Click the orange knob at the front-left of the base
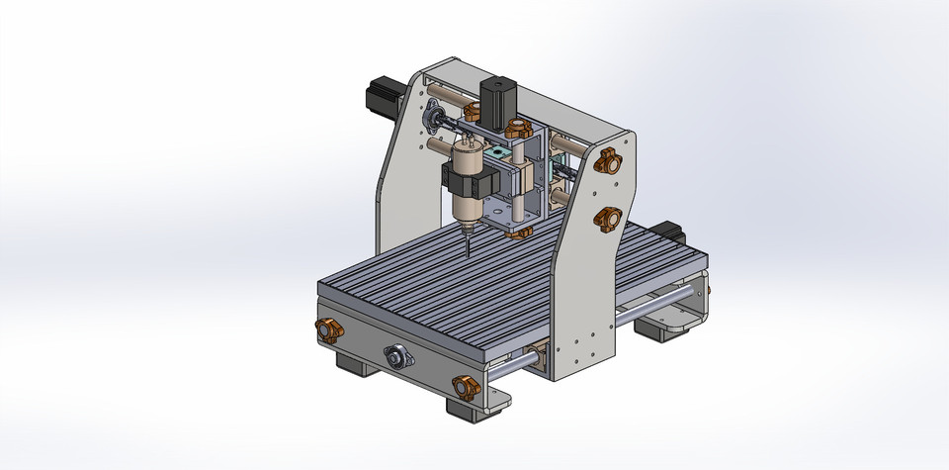click(327, 329)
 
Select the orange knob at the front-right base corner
click(466, 387)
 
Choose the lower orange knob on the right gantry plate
click(606, 218)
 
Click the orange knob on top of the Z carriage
click(515, 128)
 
